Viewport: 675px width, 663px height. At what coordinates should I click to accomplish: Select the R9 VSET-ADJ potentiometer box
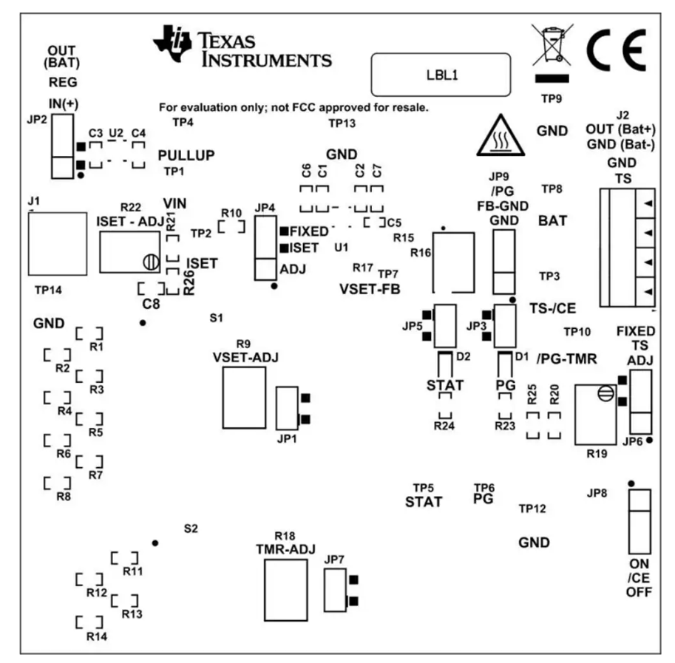tap(244, 398)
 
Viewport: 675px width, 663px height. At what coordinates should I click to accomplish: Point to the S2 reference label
tap(191, 528)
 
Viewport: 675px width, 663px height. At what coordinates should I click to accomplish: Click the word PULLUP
tap(186, 155)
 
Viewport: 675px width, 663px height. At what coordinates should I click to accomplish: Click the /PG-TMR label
tap(567, 358)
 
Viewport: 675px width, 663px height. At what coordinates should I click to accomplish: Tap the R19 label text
tap(597, 453)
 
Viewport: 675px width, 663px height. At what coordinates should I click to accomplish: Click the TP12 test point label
tap(532, 509)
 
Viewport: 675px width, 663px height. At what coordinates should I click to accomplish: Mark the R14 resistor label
tap(97, 636)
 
